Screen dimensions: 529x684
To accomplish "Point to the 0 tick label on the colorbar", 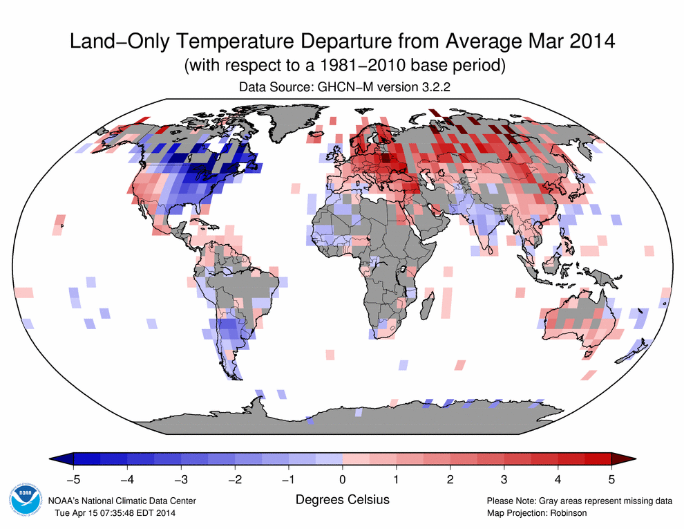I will pyautogui.click(x=343, y=479).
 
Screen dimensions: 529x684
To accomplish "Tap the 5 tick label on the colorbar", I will pyautogui.click(x=611, y=479).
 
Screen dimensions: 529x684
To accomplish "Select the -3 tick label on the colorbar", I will pyautogui.click(x=180, y=479).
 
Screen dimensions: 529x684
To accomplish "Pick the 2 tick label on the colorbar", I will pyautogui.click(x=450, y=479).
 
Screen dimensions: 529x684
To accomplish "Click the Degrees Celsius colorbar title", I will pyautogui.click(x=342, y=499).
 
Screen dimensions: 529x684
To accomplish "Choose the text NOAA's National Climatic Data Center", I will pyautogui.click(x=122, y=501).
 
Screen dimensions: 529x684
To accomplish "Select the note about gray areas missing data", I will pyautogui.click(x=579, y=501).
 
